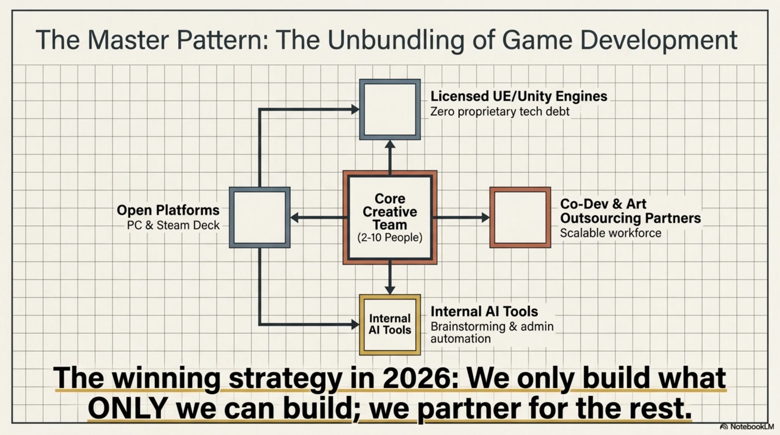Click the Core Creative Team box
point(390,217)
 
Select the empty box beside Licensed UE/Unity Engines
point(390,110)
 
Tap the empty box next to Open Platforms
point(260,217)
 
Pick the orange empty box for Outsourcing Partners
point(520,217)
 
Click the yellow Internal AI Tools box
point(390,325)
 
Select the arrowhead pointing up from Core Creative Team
point(390,144)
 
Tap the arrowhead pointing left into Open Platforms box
point(294,217)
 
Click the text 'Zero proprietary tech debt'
point(500,112)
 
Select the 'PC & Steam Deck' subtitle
point(173,225)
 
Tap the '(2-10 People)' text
point(390,237)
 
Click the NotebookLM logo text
point(752,427)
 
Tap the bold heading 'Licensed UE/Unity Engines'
point(519,96)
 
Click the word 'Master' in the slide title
point(128,40)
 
